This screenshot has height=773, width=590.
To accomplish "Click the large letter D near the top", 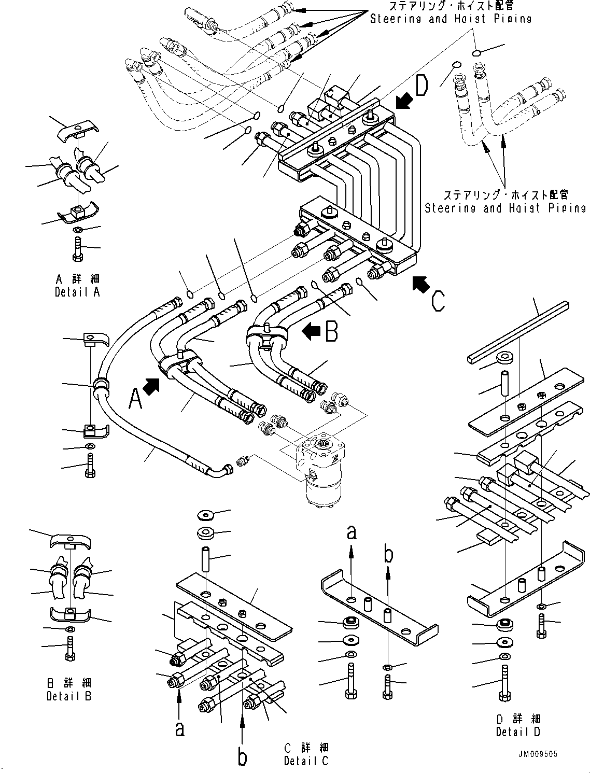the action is [422, 86].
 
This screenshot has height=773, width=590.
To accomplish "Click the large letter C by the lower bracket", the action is [438, 301].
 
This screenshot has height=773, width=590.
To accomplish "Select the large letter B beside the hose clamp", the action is [332, 331].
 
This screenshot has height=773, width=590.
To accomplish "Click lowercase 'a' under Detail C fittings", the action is [179, 728].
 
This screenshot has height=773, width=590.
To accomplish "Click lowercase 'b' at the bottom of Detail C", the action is [242, 756].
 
